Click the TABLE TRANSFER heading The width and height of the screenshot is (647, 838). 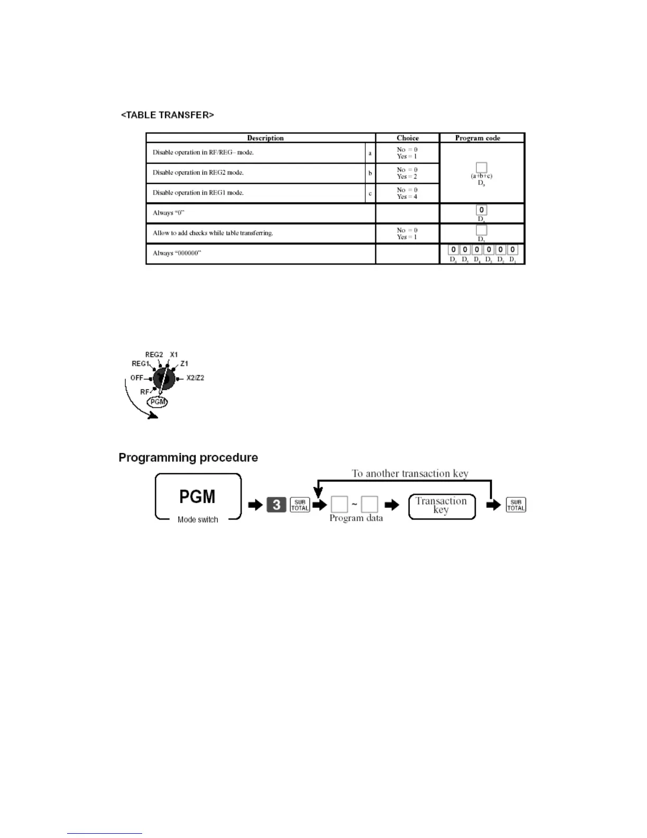point(167,115)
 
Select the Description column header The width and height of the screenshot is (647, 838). point(265,138)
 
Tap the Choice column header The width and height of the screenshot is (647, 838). point(408,138)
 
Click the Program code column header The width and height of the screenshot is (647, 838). point(477,138)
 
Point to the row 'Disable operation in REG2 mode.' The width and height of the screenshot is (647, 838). point(198,172)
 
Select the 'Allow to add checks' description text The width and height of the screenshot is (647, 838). point(212,233)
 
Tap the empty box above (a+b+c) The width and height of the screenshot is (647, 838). point(481,168)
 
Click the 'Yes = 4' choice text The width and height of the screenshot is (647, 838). point(407,197)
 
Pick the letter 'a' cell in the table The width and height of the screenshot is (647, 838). point(370,153)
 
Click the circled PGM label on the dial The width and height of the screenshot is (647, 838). point(158,402)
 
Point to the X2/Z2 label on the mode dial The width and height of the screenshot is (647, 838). point(195,378)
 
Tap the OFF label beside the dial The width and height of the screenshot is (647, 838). point(137,378)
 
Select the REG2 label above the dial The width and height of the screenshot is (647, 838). point(154,354)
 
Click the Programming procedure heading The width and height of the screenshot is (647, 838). point(188,458)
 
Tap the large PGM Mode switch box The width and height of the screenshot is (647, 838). point(198,497)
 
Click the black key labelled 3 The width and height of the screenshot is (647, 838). point(276,505)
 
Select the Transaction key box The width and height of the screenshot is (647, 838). point(441,506)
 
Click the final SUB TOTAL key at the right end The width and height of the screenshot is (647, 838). point(516,505)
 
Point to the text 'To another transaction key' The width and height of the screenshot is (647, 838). point(410,473)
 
